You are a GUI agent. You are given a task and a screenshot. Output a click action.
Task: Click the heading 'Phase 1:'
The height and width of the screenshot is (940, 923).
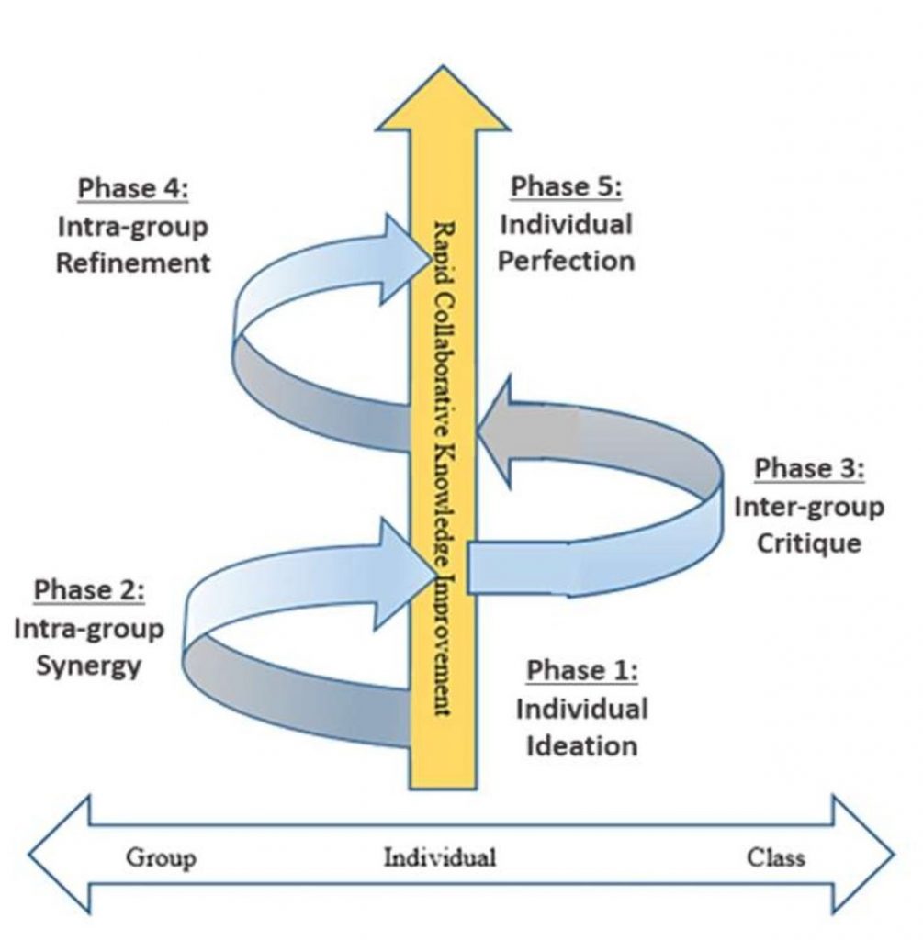pos(581,671)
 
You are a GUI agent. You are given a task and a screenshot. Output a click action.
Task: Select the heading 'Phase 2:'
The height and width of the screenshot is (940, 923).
pos(89,589)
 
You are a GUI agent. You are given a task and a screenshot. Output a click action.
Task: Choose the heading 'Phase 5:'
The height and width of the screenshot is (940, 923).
pos(566,186)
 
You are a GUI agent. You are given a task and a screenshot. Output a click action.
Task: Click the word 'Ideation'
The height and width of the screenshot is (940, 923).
pos(581,744)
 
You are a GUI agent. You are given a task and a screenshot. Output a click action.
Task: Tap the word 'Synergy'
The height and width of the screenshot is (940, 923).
pos(89,664)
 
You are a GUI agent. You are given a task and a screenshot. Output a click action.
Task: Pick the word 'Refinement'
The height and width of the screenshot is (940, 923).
pos(132,263)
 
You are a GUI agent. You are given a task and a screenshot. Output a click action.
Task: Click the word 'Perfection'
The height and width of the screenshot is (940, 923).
pos(566,261)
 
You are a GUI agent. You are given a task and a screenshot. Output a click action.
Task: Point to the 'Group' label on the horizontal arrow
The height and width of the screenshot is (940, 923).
pos(161,858)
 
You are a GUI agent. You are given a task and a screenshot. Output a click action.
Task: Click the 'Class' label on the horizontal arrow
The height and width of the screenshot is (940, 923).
pos(776,857)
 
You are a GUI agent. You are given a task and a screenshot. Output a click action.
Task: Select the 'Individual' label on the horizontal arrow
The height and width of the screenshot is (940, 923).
pos(439,858)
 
